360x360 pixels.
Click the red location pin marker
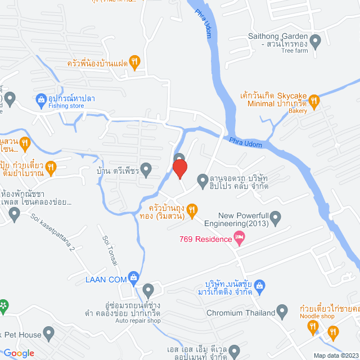click(x=179, y=168)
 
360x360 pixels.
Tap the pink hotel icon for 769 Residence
click(x=240, y=239)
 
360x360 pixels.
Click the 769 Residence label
click(x=205, y=239)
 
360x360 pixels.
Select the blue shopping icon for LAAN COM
click(x=133, y=277)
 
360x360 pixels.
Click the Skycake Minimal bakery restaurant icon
click(x=315, y=101)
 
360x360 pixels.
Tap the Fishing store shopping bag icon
click(x=40, y=101)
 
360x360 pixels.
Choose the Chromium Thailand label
click(x=240, y=313)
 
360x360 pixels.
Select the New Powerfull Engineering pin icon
click(x=275, y=217)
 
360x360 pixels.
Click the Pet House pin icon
click(x=49, y=335)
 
